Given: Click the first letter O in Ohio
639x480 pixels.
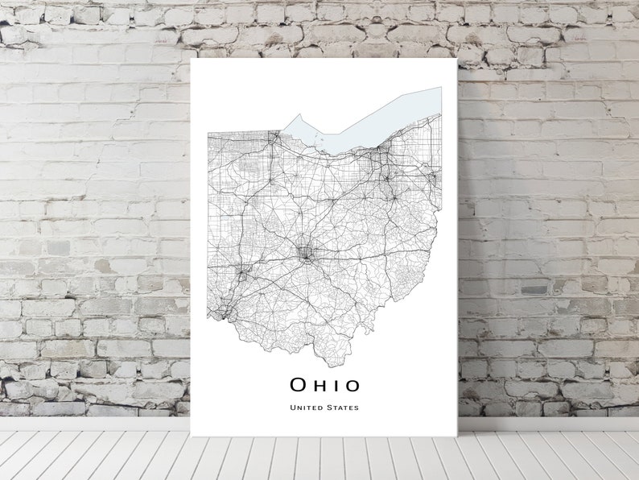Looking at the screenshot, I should [299, 385].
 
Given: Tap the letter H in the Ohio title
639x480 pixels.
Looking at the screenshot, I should [320, 385].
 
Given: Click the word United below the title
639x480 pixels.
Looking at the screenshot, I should [306, 408].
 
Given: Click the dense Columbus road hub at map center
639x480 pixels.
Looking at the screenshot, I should [307, 254].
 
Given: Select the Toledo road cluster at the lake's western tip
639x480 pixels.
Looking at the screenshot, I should [276, 138].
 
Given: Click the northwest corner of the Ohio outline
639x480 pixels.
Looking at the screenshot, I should [208, 132].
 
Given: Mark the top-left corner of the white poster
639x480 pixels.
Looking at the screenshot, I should [191, 58].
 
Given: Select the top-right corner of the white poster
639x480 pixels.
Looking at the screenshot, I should [456, 58].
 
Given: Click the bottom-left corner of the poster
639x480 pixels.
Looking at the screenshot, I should [191, 436].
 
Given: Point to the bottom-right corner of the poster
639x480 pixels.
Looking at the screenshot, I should [456, 436].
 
